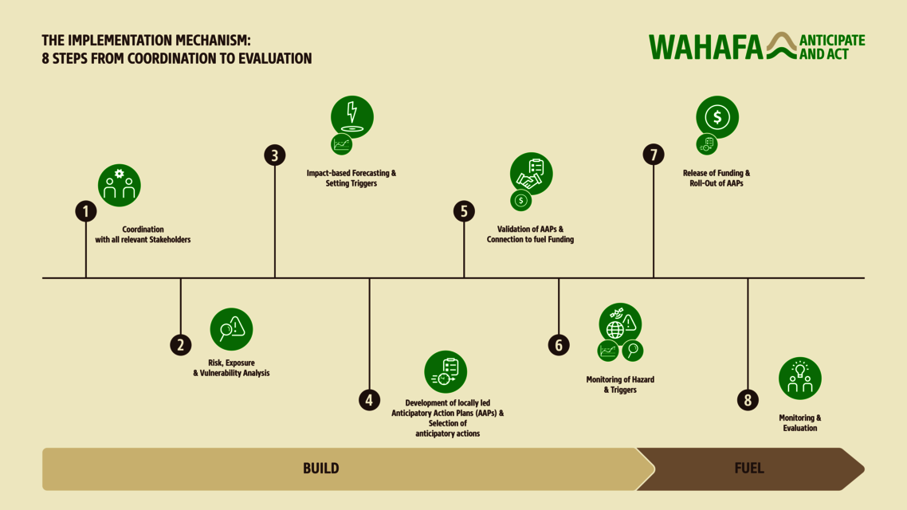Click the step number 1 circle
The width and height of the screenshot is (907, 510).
point(86,211)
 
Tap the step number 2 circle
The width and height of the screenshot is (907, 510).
point(181,345)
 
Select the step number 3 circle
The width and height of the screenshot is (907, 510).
point(275,155)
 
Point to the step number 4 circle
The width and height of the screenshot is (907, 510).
point(369,400)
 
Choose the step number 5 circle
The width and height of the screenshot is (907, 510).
point(464,211)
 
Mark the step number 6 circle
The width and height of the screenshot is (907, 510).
point(559,345)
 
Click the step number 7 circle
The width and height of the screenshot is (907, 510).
point(654,155)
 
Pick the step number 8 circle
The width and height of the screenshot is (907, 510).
point(748,400)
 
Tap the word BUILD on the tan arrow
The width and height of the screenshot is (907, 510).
point(321,469)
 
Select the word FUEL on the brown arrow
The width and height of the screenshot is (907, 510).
point(748,469)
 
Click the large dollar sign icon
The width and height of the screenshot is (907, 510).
point(717,117)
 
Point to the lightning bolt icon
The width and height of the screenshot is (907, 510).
point(352,116)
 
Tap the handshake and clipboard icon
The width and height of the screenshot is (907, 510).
point(531,174)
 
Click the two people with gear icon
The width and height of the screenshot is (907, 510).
point(120,185)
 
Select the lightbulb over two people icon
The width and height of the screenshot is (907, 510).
point(799,379)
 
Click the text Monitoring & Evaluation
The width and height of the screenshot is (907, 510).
point(799,423)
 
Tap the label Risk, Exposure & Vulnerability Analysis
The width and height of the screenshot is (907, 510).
point(231,368)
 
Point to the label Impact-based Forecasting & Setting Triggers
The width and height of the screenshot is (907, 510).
point(351,178)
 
